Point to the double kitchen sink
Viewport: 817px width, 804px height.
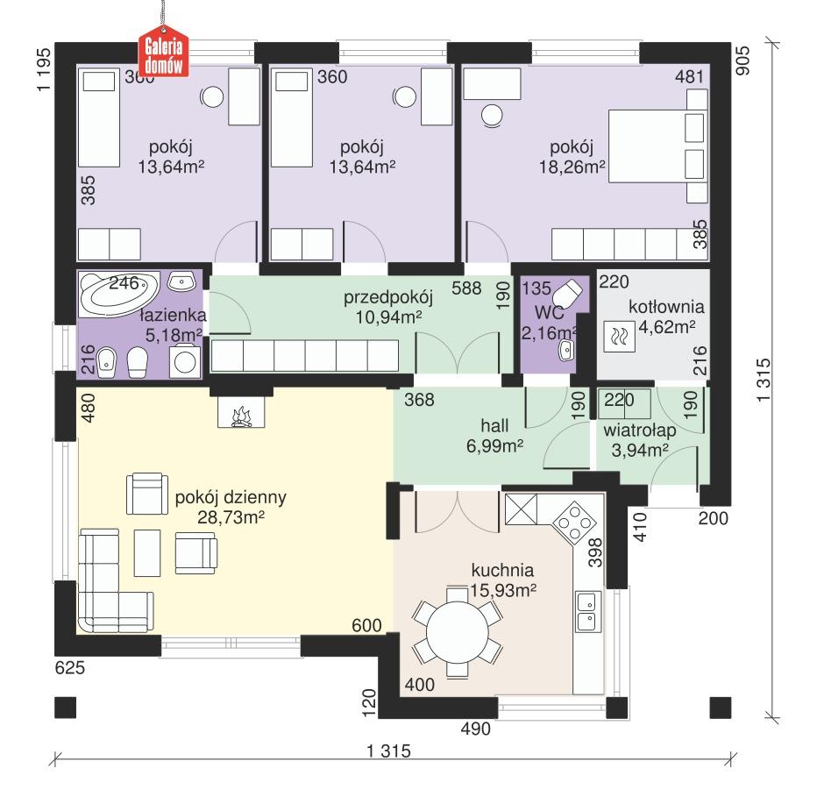point(586,611)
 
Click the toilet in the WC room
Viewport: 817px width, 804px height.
point(571,294)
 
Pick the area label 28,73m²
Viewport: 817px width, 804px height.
point(231,519)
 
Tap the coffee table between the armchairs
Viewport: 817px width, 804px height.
point(146,553)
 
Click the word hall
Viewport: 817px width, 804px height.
point(494,426)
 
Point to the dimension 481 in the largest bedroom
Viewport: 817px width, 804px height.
point(689,77)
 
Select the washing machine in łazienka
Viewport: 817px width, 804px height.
point(185,360)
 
